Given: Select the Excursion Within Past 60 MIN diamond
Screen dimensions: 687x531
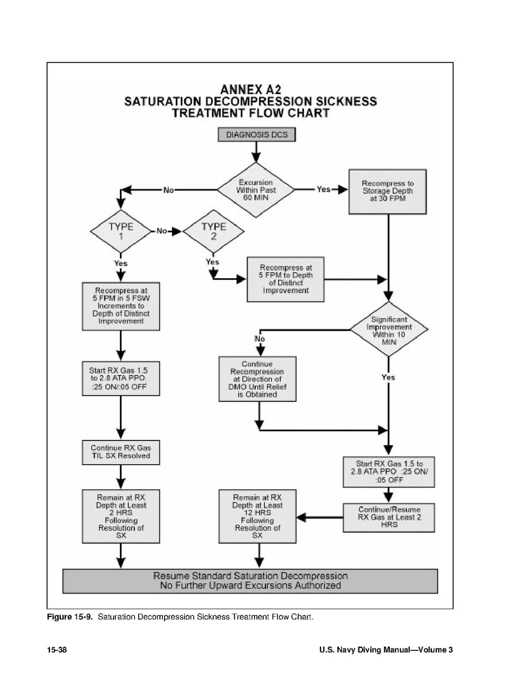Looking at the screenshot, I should click(x=255, y=190).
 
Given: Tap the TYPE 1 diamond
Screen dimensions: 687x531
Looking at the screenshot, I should click(x=120, y=232).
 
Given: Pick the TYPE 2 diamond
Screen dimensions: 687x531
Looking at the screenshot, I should click(x=213, y=232).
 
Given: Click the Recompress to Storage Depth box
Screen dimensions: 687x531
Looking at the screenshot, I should click(x=388, y=191).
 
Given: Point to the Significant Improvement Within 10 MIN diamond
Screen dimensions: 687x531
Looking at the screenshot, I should click(x=389, y=329).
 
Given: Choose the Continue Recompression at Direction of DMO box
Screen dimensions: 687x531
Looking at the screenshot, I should click(x=258, y=379).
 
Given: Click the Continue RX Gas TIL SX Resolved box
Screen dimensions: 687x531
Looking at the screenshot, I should click(x=120, y=452).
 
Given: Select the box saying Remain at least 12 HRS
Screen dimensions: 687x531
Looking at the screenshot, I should click(x=258, y=516).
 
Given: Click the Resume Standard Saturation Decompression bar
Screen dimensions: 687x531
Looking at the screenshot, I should click(x=250, y=580).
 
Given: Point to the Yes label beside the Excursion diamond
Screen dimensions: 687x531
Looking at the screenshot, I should click(x=324, y=190).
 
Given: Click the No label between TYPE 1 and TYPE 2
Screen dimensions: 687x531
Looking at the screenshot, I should click(x=162, y=231).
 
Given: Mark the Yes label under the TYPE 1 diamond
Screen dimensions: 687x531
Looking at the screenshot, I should click(x=120, y=263).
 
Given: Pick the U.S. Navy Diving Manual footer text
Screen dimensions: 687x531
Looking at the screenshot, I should click(x=386, y=650).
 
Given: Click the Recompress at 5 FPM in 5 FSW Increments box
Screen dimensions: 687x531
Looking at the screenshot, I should click(x=120, y=306).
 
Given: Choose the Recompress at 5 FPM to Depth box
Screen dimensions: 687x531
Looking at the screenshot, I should click(x=285, y=279).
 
